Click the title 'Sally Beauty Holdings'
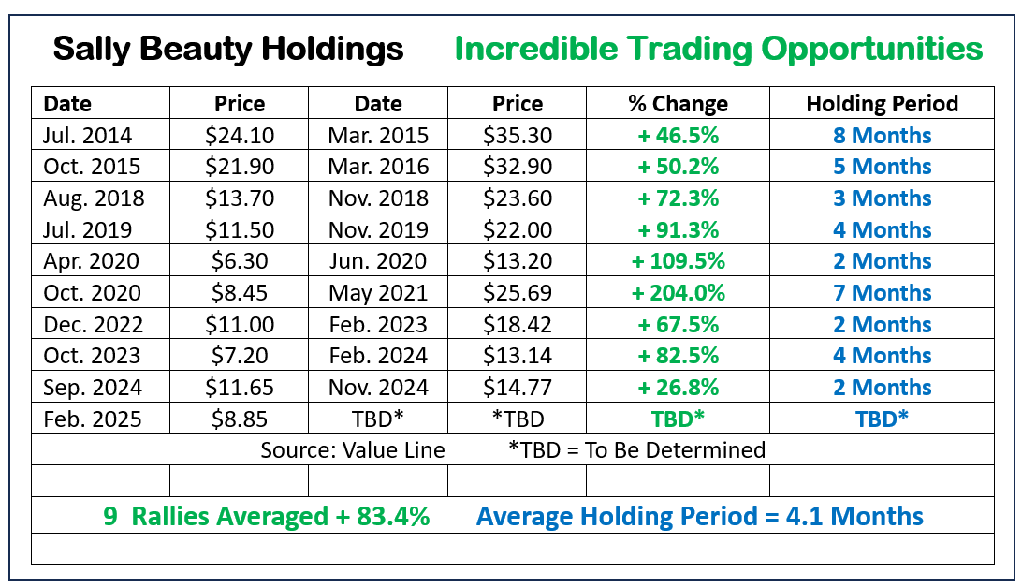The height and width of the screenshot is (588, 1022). point(228,49)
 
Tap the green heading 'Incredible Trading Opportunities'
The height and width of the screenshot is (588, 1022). point(719,49)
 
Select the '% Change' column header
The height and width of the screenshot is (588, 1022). point(678,104)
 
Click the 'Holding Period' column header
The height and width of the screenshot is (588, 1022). point(882,104)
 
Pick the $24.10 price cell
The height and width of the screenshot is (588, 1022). point(240,136)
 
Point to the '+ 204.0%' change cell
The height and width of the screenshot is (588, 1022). point(678,293)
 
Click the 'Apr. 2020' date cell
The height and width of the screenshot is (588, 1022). point(92,261)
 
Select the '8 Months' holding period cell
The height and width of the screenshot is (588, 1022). point(882,136)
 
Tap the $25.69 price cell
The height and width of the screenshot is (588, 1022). point(518,293)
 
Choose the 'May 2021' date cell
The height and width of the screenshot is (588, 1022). point(378,293)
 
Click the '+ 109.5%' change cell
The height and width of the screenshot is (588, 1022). point(678,261)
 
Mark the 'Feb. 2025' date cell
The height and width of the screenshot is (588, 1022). point(92,419)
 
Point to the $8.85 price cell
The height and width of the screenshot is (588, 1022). point(240,419)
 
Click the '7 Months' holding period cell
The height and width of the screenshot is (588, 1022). point(882,293)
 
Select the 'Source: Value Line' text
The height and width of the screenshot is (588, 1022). point(353,449)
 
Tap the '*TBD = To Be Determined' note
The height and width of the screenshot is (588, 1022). point(636,449)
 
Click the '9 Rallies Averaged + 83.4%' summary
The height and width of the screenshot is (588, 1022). point(266,516)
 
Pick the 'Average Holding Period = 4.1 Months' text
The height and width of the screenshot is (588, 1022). point(699,516)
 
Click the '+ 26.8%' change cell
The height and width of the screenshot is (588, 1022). point(678,388)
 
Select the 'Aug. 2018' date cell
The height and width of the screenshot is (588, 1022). point(92,198)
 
